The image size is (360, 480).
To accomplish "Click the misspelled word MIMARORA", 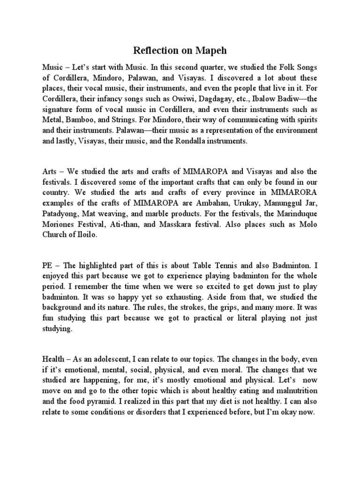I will click(294, 193).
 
